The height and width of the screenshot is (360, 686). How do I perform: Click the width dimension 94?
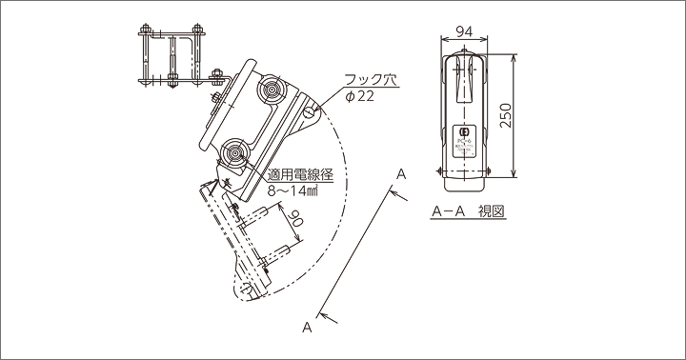(464, 31)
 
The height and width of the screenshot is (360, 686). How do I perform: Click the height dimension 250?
(506, 114)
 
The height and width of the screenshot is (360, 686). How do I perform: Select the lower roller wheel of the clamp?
(232, 151)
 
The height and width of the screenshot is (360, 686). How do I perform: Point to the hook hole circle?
(312, 112)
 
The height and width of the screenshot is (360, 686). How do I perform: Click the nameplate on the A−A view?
(465, 133)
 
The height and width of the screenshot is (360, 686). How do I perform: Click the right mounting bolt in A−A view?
(491, 170)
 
